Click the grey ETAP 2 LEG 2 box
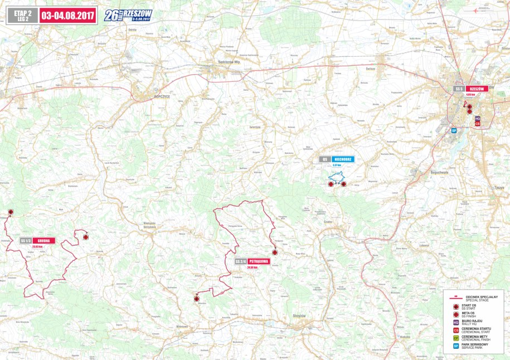[x=22, y=14]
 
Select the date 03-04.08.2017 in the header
[x=67, y=14]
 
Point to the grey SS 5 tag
[x=459, y=89]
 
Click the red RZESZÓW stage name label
[x=476, y=89]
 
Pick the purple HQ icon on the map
[x=477, y=119]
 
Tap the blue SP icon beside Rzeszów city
[x=454, y=130]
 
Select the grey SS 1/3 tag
[x=26, y=241]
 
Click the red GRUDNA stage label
[x=44, y=241]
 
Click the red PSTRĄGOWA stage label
[x=260, y=261]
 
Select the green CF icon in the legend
[x=456, y=338]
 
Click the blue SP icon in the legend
[x=456, y=346]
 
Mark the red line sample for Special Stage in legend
[x=456, y=296]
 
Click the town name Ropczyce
[x=162, y=96]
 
